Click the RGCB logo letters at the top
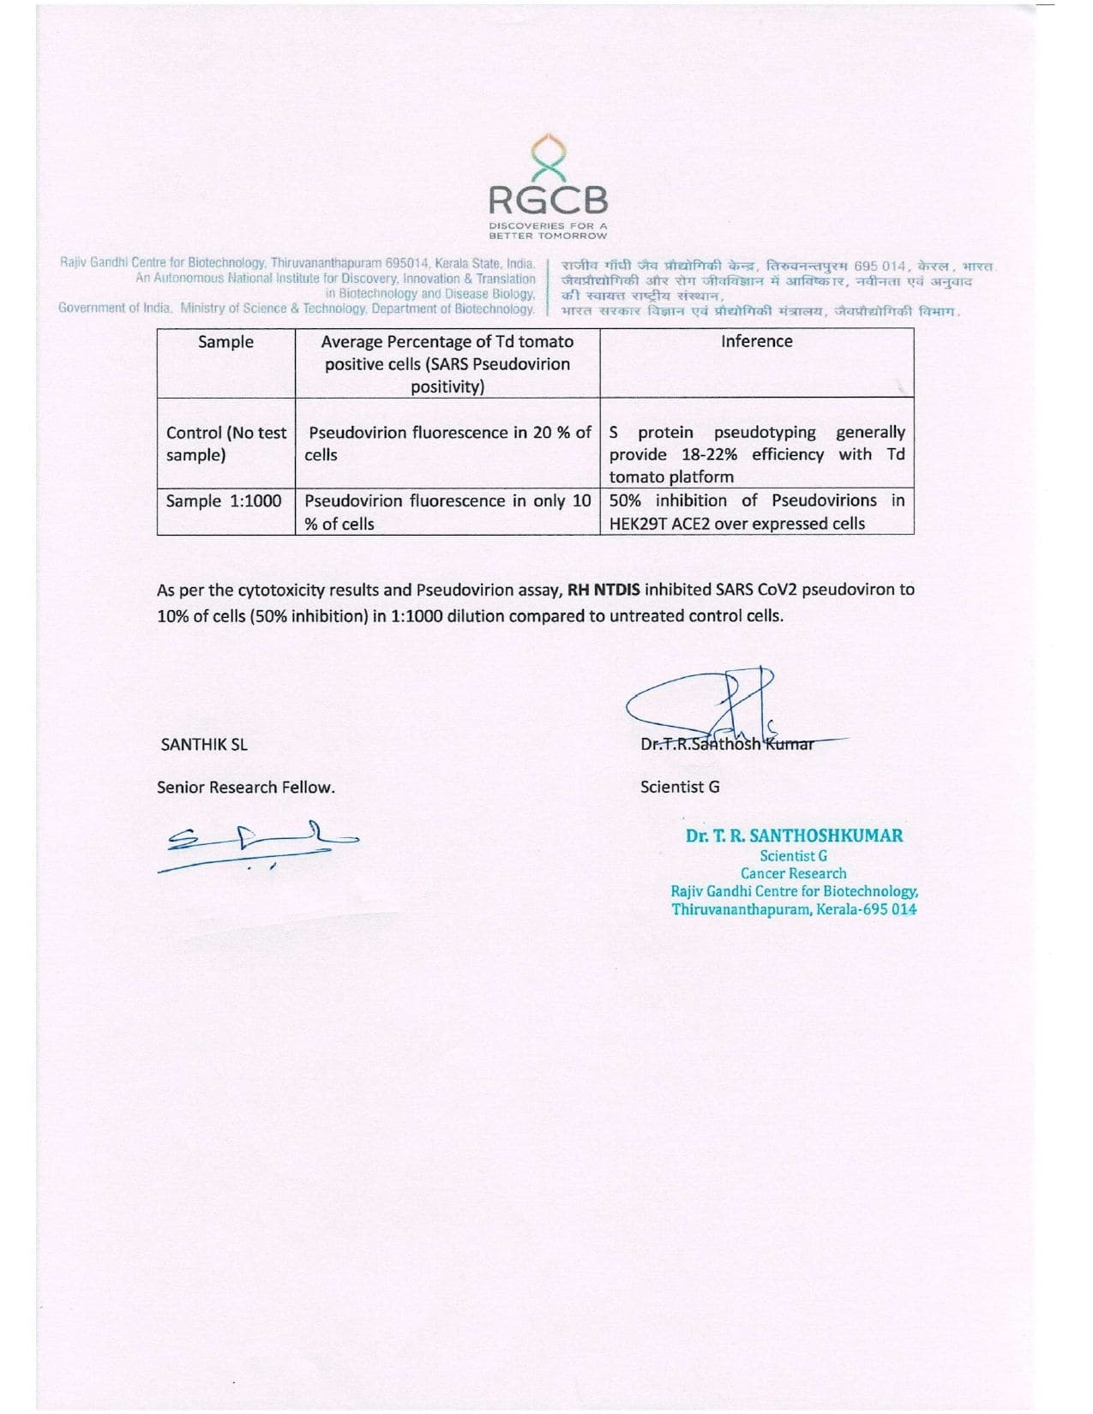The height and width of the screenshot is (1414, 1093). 548,201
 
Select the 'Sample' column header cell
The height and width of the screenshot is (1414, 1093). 225,342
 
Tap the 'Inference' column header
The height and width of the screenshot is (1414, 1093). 756,341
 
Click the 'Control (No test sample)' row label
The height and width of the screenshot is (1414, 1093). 225,444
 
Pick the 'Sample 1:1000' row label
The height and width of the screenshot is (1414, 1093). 224,501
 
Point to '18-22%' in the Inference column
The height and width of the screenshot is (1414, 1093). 709,455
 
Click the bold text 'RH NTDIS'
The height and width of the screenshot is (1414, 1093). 604,590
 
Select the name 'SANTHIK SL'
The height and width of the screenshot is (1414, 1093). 204,745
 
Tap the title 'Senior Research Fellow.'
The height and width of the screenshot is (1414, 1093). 246,788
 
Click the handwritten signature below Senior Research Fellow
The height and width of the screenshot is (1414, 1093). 257,844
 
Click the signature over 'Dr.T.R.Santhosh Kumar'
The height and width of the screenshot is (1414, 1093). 720,707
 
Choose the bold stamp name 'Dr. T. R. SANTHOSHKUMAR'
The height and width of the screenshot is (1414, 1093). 794,836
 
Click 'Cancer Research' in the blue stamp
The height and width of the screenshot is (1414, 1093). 793,873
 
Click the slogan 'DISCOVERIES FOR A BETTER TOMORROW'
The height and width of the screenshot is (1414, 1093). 548,231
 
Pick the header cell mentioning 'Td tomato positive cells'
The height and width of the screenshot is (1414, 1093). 447,364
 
